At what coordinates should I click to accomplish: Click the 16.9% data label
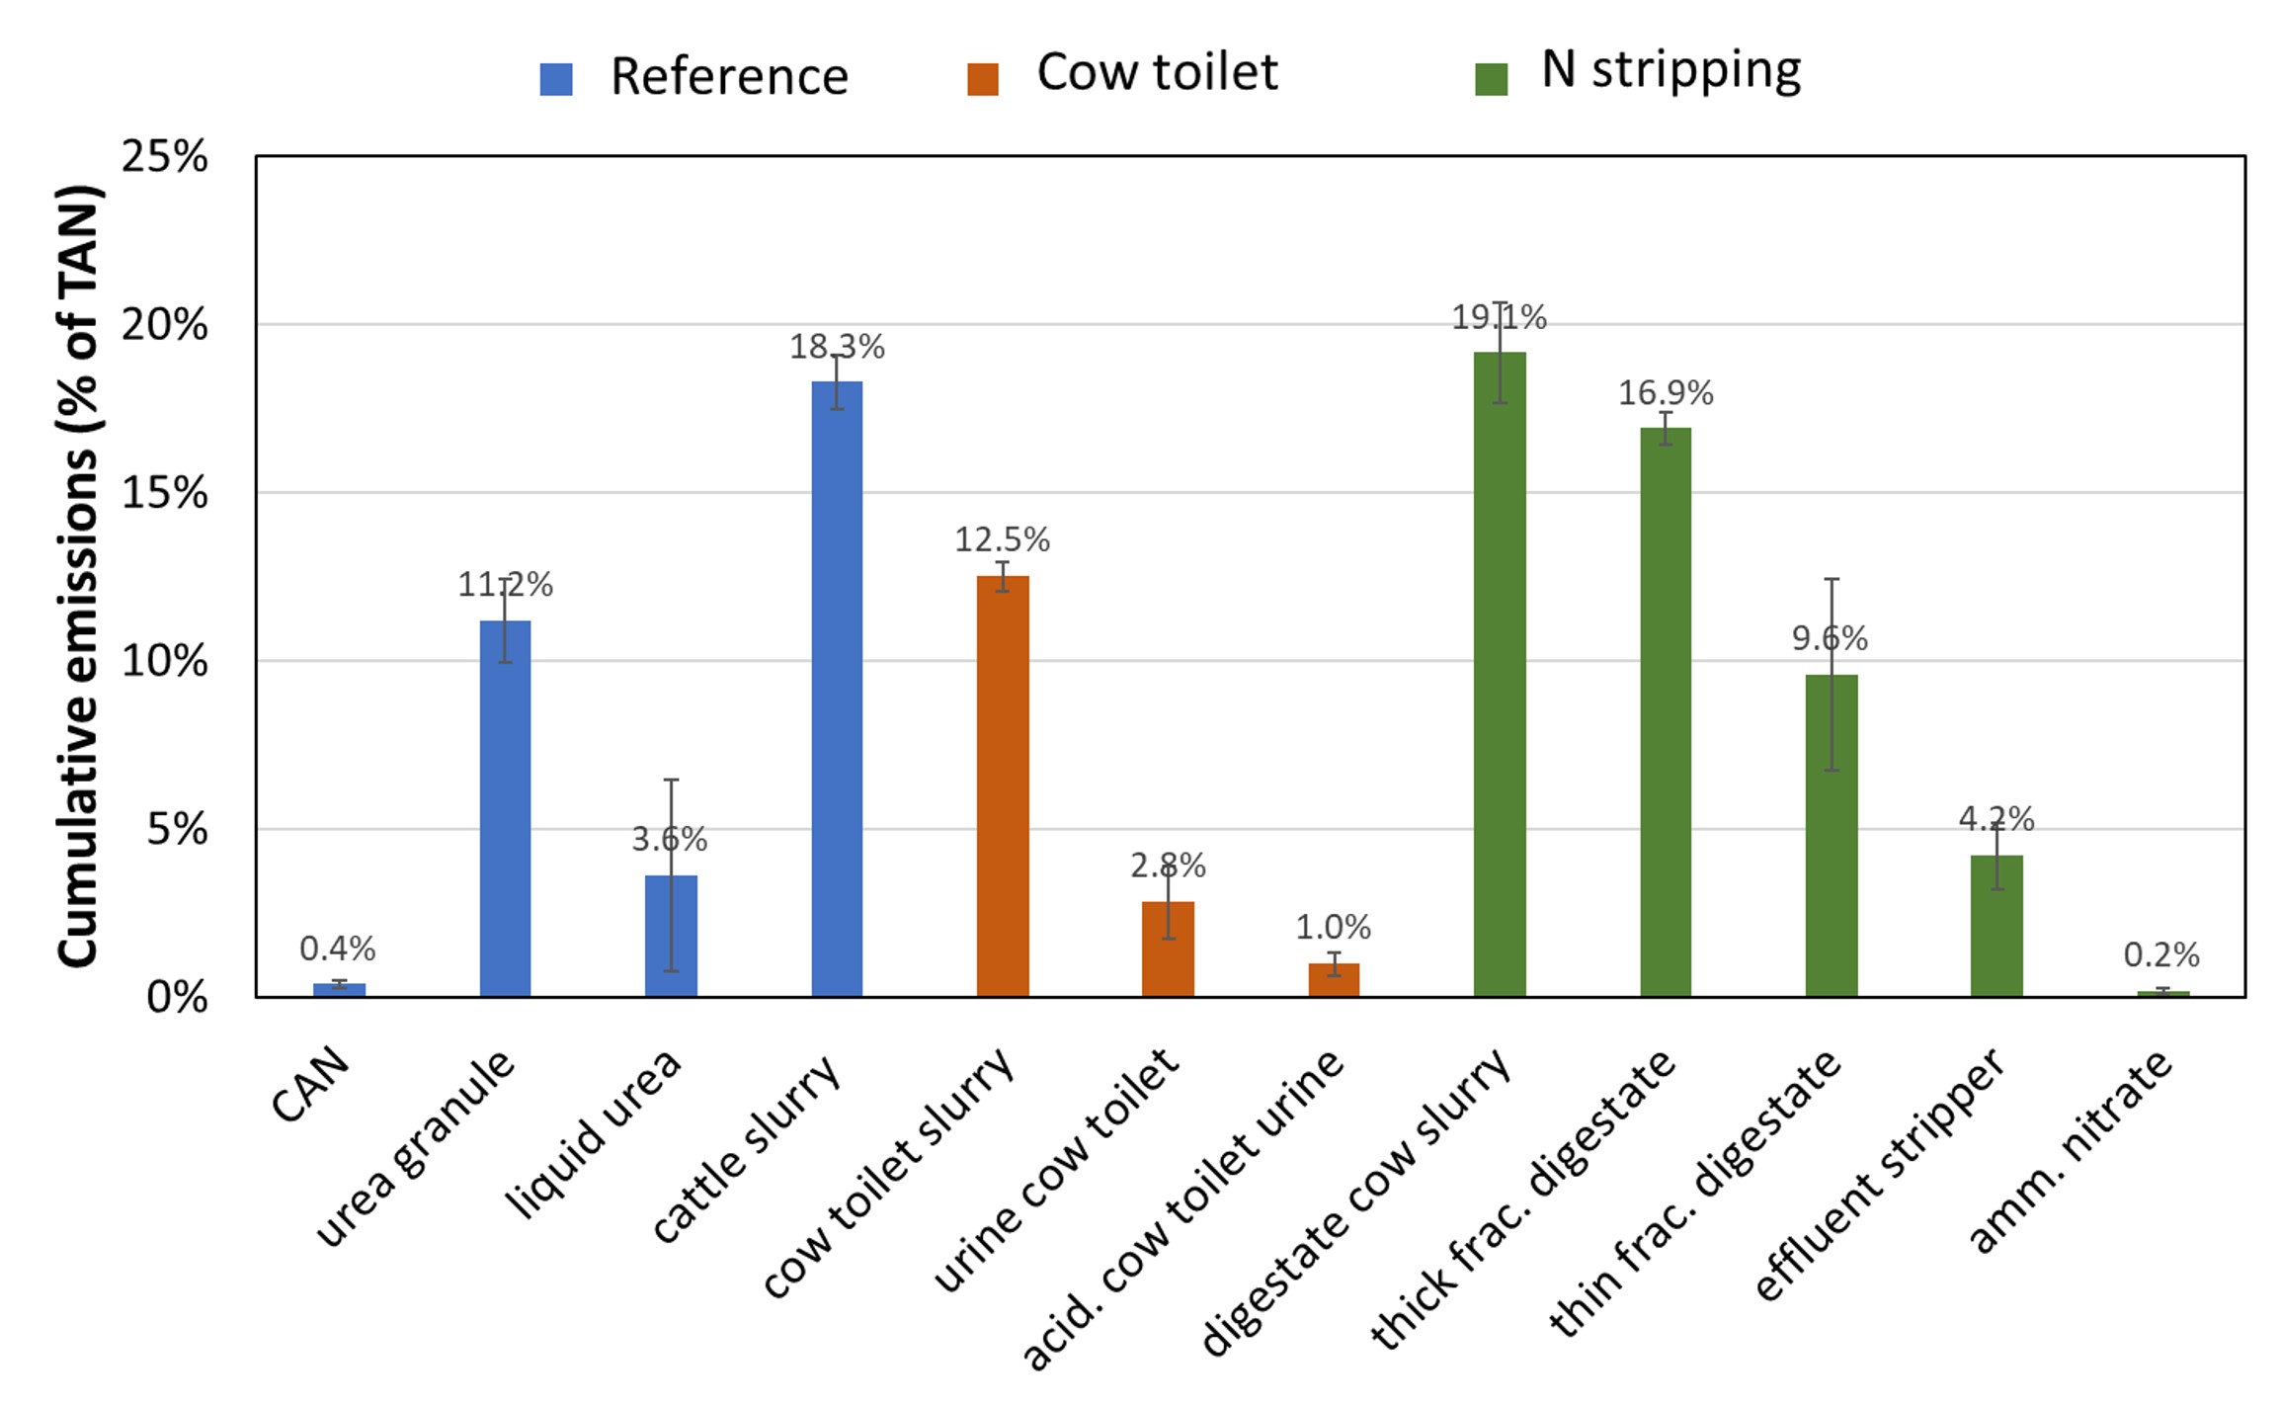click(1666, 393)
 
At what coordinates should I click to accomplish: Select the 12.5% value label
click(1002, 539)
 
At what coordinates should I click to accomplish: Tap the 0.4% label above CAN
click(338, 950)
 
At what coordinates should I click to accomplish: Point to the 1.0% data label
click(1334, 928)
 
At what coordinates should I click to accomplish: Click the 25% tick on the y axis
click(165, 157)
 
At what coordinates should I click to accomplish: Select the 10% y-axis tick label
click(165, 661)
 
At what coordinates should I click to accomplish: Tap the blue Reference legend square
click(556, 79)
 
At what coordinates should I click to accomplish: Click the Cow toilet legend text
click(1157, 73)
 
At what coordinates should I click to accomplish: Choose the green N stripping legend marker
click(1491, 79)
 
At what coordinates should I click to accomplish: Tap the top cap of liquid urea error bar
click(671, 780)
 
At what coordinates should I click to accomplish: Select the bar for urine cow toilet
click(1168, 949)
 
